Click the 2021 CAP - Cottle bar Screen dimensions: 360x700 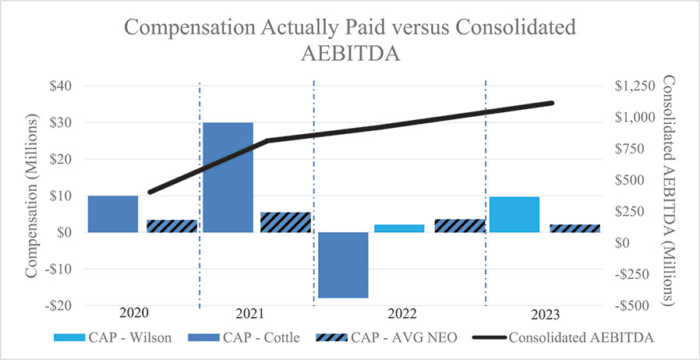[228, 177]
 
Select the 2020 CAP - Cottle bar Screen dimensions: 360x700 [113, 214]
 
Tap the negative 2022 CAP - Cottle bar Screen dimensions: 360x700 [343, 265]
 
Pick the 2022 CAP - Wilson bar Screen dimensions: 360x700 [399, 228]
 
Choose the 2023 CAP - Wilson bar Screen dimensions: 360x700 [514, 214]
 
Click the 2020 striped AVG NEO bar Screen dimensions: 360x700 [171, 226]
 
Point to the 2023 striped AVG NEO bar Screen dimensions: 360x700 [575, 228]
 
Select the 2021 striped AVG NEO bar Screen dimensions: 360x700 [285, 222]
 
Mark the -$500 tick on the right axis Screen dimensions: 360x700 [636, 305]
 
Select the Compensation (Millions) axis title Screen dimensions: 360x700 [31, 196]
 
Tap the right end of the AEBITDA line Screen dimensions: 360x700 [552, 103]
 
